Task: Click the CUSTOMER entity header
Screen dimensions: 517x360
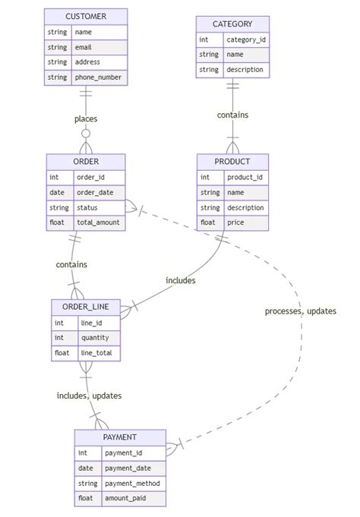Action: [x=86, y=17]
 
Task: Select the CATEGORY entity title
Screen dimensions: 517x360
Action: [x=232, y=24]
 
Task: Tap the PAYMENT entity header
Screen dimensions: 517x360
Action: [x=119, y=437]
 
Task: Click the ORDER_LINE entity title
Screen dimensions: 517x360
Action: [x=85, y=307]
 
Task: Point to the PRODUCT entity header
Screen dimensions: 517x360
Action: [x=232, y=162]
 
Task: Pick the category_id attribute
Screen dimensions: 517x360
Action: [x=246, y=39]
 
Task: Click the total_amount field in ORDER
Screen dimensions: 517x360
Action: [x=99, y=223]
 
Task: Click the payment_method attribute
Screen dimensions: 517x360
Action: [x=132, y=484]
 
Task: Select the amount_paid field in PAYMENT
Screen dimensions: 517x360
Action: [x=132, y=499]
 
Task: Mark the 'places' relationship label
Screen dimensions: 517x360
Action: [x=86, y=118]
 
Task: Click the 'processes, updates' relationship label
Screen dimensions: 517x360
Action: [x=300, y=311]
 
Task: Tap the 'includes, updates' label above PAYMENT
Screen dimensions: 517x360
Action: [x=89, y=396]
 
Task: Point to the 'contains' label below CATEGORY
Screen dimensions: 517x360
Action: [x=232, y=115]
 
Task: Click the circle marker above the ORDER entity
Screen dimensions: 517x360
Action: [x=86, y=134]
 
